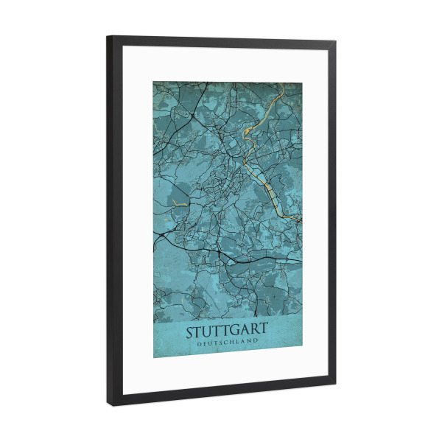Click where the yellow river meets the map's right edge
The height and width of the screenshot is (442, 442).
click(301, 220)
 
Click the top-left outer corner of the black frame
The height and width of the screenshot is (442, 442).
click(108, 35)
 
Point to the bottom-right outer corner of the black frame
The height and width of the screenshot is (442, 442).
click(336, 386)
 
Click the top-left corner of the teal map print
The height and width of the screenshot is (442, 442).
click(153, 81)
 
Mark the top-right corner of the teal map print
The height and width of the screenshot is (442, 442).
click(302, 83)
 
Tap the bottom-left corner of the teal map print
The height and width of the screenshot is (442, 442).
click(153, 358)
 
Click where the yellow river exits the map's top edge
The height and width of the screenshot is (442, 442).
click(284, 83)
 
